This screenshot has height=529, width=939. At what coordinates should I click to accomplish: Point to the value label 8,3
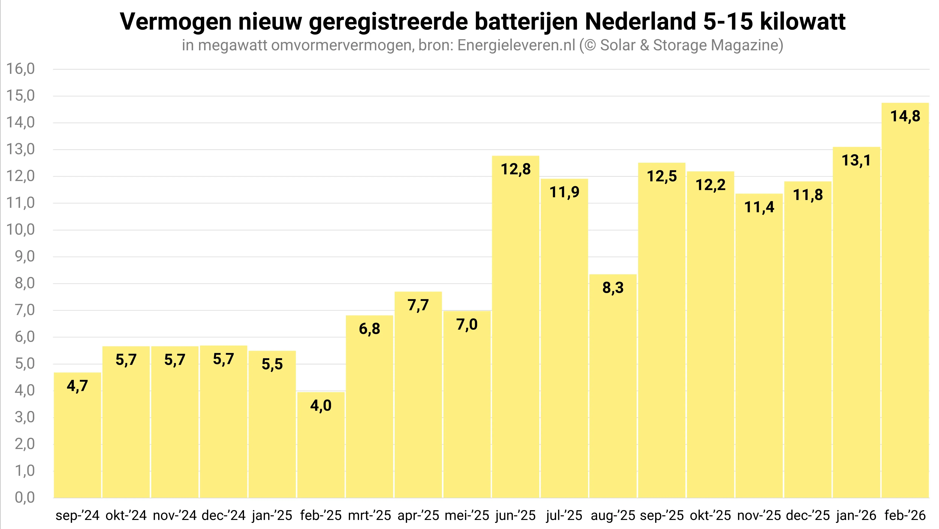(x=613, y=288)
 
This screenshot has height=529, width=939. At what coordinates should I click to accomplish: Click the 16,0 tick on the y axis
(x=20, y=69)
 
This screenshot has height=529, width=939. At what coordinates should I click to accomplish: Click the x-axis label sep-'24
(x=77, y=515)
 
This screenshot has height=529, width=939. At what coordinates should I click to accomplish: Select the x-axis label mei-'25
(x=467, y=515)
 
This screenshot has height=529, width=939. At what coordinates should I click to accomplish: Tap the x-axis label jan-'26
(x=856, y=515)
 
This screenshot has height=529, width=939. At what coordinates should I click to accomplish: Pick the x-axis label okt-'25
(x=710, y=515)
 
